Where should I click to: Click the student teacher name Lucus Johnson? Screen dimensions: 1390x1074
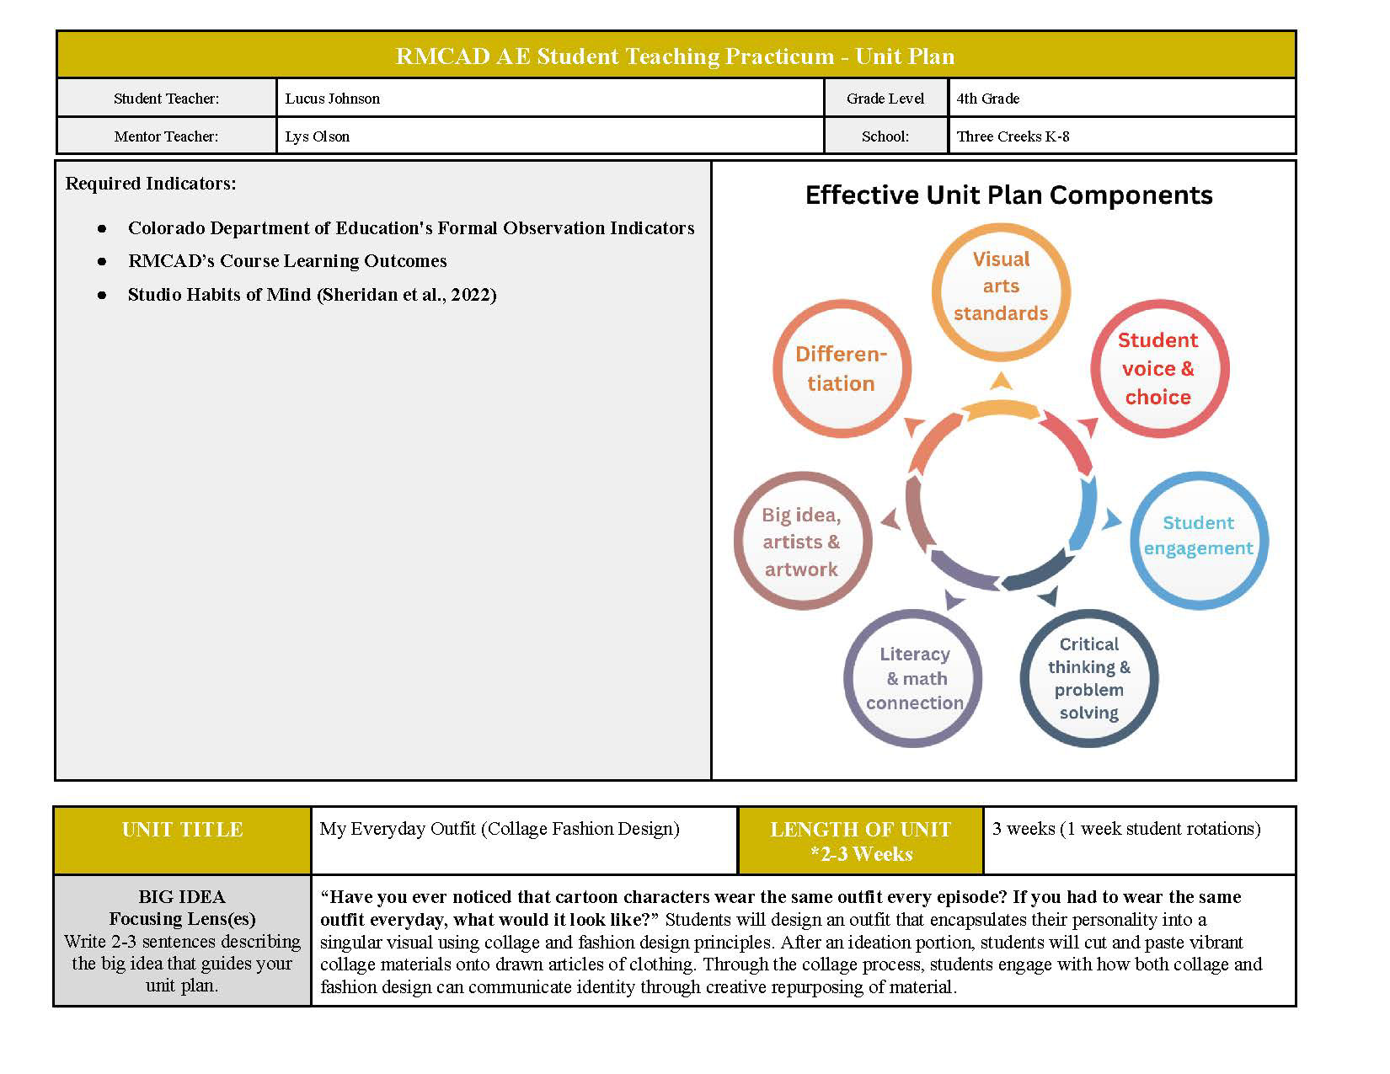tap(332, 99)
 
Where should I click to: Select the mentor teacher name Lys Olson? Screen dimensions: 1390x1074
tap(317, 136)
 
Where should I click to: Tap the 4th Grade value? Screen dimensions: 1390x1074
tap(987, 99)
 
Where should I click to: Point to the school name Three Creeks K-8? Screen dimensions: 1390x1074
tap(1013, 136)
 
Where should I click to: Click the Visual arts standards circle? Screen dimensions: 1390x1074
tap(1001, 286)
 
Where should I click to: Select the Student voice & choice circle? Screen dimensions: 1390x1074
tap(1158, 369)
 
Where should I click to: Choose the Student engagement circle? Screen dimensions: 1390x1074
tap(1198, 536)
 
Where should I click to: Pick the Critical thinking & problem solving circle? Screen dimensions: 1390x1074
tap(1088, 678)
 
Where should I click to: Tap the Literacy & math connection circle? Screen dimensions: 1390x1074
tap(914, 678)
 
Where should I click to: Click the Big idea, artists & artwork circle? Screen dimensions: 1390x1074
tap(801, 542)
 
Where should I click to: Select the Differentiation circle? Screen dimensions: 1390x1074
tap(841, 369)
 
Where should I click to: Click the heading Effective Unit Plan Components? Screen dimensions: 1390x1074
tap(1008, 195)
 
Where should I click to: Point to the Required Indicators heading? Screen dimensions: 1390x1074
tap(151, 184)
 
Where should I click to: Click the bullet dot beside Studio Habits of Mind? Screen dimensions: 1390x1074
tap(102, 296)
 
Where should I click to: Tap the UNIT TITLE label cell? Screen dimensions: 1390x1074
tap(182, 830)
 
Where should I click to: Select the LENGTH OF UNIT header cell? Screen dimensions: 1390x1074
tap(860, 841)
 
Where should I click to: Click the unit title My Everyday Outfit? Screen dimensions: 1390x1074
tap(499, 829)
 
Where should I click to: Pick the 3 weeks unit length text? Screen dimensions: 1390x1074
tap(1125, 829)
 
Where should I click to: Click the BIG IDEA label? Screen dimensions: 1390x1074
tap(182, 896)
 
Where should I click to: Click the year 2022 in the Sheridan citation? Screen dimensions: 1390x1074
tap(473, 295)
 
